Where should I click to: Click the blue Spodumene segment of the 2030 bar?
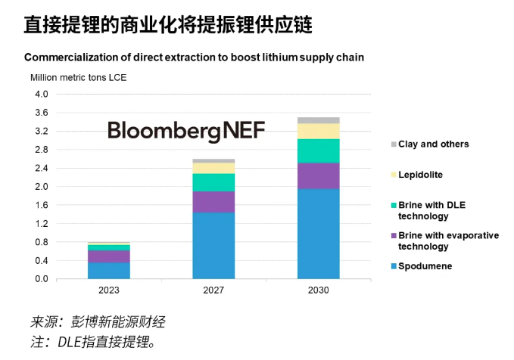coord(318,234)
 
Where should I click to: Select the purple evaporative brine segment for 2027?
coord(213,202)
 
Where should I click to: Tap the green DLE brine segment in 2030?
coord(318,151)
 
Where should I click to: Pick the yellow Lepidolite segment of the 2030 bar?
coord(318,131)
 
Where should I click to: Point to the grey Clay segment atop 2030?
coord(318,120)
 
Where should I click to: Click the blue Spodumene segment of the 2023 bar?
coord(109,271)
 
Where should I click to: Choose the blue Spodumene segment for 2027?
coord(213,246)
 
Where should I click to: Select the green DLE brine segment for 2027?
coord(213,182)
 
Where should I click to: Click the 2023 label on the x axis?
coord(109,290)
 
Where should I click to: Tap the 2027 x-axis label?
coord(213,290)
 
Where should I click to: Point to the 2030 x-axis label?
coord(318,290)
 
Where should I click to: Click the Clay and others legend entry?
coord(433,144)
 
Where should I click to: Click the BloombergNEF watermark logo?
coord(186,131)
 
